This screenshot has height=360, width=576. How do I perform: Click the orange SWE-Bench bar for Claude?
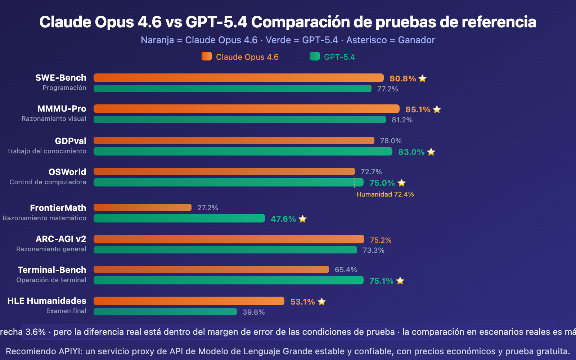pyautogui.click(x=238, y=78)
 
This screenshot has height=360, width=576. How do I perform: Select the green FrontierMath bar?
pyautogui.click(x=179, y=218)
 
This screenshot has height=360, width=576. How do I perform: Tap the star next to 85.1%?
pyautogui.click(x=437, y=109)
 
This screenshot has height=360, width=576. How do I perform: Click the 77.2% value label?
pyautogui.click(x=387, y=89)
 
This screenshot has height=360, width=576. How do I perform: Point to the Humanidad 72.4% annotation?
pyautogui.click(x=385, y=194)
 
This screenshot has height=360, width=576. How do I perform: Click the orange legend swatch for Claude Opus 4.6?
pyautogui.click(x=207, y=57)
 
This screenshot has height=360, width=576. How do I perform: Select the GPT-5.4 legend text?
pyautogui.click(x=339, y=57)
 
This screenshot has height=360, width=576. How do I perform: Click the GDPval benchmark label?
pyautogui.click(x=71, y=141)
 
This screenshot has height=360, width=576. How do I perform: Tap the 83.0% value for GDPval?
pyautogui.click(x=411, y=152)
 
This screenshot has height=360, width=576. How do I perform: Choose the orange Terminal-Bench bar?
pyautogui.click(x=211, y=269)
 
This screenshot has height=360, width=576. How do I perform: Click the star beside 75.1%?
pyautogui.click(x=400, y=281)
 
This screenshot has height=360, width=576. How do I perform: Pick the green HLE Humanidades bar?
pyautogui.click(x=165, y=312)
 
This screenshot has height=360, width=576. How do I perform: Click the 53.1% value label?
pyautogui.click(x=302, y=302)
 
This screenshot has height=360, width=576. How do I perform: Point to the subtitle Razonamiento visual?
pyautogui.click(x=54, y=119)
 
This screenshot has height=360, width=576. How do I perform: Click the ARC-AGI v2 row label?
pyautogui.click(x=61, y=239)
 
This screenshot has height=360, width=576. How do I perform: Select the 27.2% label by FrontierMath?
pyautogui.click(x=208, y=208)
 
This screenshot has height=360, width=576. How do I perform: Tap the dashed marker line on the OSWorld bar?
pyautogui.click(x=354, y=183)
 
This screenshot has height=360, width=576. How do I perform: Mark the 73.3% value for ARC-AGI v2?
pyautogui.click(x=373, y=250)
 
